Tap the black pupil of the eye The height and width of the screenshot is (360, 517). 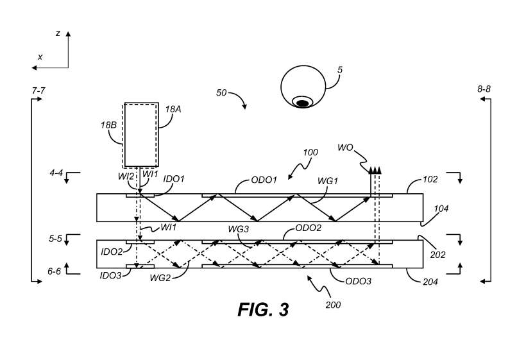[x=301, y=102]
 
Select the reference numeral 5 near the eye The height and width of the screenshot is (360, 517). [x=340, y=80]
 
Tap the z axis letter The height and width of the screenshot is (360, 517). [x=58, y=33]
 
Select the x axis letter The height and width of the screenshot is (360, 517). [x=40, y=56]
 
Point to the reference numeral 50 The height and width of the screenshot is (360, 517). [x=221, y=93]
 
